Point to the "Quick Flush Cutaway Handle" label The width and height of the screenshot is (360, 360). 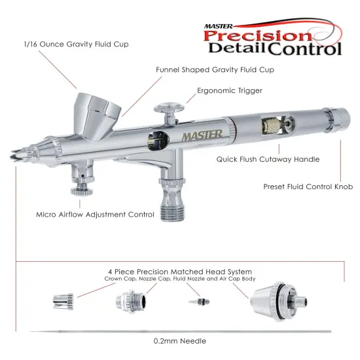[268, 158]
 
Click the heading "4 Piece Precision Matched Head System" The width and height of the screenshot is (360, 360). [180, 271]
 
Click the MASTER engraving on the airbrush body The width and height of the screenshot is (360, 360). [202, 134]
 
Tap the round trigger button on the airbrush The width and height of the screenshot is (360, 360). [168, 106]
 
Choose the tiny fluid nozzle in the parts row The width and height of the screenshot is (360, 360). [194, 302]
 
